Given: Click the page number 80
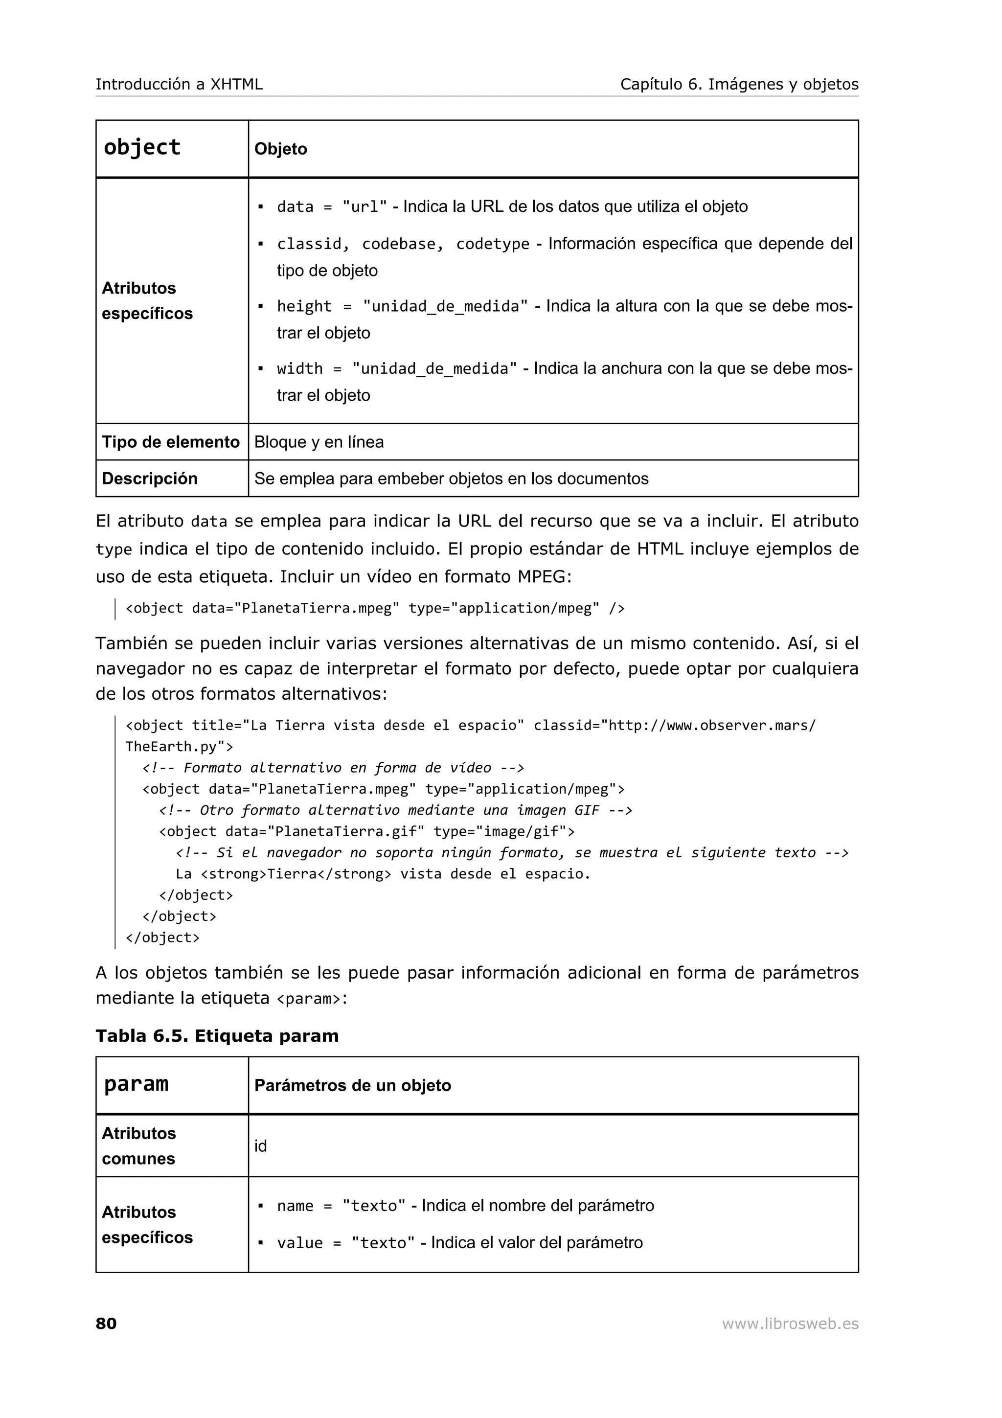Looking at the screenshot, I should coord(106,1323).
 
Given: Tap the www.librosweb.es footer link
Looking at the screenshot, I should coord(790,1323).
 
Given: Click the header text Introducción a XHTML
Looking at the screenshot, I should coord(179,85).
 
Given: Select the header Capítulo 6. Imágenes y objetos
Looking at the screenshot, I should coord(739,85).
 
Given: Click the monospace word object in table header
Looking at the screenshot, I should coord(142,148).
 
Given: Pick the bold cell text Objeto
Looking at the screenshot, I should coord(280,149).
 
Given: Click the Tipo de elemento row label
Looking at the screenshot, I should coord(170,442).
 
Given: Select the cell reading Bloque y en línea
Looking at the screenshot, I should coord(319,442).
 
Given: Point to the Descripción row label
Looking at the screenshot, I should coord(149,479).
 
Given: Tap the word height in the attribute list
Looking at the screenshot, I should coord(304,306).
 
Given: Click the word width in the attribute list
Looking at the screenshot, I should coord(299,369).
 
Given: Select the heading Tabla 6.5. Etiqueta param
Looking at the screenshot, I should coord(217,1036).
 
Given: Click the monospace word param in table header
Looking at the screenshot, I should coord(136,1084).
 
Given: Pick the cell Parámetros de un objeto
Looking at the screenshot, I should coord(353,1086).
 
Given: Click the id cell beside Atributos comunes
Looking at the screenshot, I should coord(261,1146).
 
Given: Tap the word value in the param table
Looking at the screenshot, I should coord(299,1243).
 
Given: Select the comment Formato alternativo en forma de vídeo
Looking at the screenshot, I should coord(337,768).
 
